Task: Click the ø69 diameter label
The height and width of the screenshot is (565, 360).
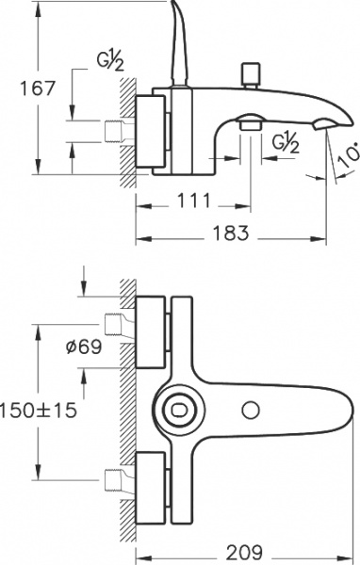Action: (84, 347)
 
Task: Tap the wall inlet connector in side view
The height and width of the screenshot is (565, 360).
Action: (117, 131)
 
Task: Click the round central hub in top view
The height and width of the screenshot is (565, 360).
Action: (179, 411)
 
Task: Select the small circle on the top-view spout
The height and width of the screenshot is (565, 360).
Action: (251, 410)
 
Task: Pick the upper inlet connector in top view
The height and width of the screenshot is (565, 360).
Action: (117, 326)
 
